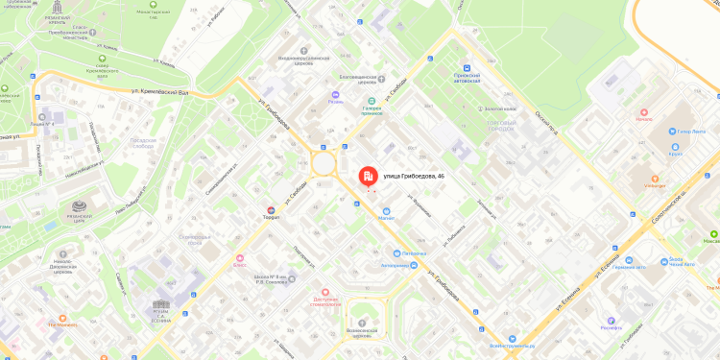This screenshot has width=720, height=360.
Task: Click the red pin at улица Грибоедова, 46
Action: click(368, 177)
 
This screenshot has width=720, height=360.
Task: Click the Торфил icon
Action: click(271, 210)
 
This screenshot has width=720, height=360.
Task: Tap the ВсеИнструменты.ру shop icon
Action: click(513, 340)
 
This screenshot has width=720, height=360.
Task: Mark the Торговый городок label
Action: click(501, 125)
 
